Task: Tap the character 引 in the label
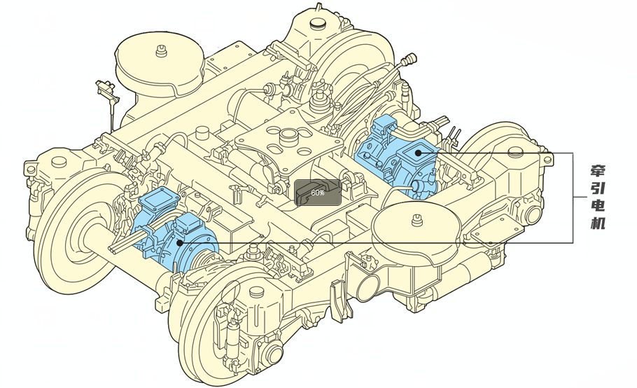(x=596, y=189)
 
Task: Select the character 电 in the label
(x=596, y=207)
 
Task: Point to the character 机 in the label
(x=596, y=224)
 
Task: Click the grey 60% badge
(x=317, y=193)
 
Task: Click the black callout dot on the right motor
(x=418, y=152)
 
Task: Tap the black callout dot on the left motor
(x=180, y=242)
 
